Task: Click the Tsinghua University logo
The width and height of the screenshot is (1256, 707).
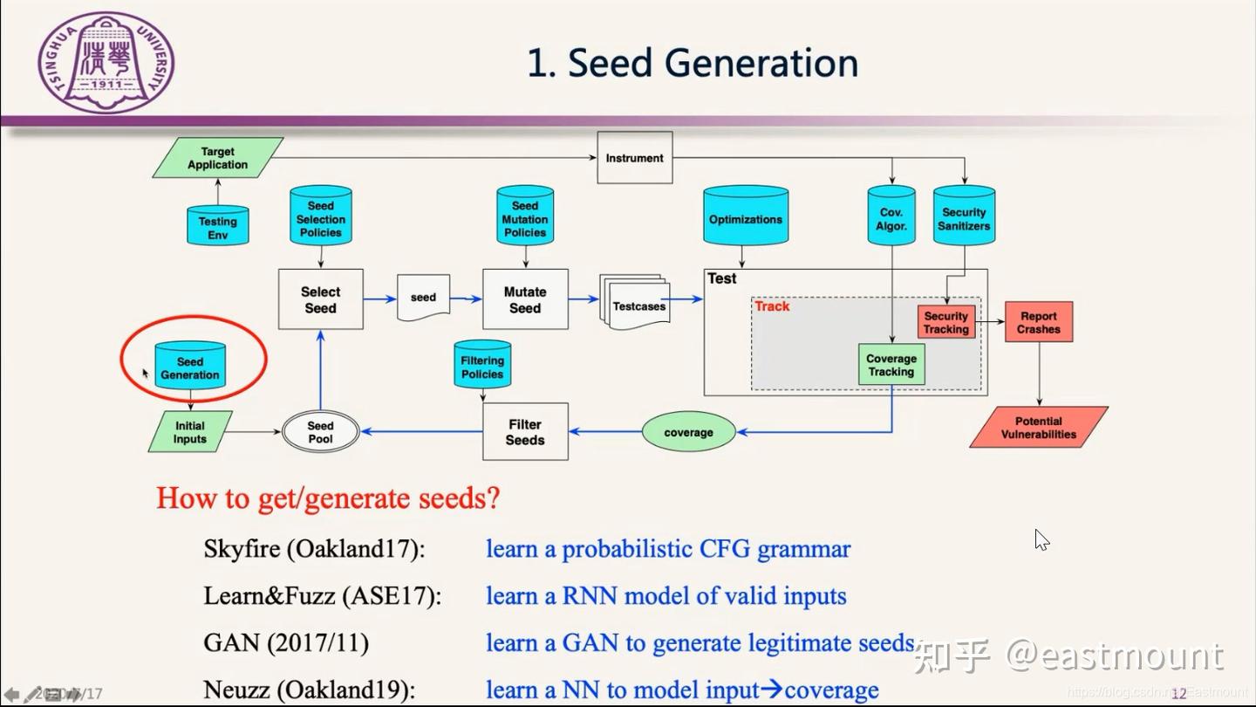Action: click(x=106, y=62)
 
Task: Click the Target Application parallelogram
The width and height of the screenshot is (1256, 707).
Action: click(x=218, y=158)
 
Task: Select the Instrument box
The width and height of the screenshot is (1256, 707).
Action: click(x=634, y=158)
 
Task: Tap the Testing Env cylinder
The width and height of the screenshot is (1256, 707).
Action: click(x=218, y=226)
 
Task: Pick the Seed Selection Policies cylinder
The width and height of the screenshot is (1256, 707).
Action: click(x=320, y=216)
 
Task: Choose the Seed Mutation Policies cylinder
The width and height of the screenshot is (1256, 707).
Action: click(x=524, y=216)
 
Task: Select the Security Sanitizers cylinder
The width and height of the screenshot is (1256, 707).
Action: click(x=964, y=216)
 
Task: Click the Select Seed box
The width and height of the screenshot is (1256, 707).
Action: click(x=320, y=299)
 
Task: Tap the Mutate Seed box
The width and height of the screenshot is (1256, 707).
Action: click(x=525, y=299)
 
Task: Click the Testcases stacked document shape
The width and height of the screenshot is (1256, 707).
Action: click(x=637, y=305)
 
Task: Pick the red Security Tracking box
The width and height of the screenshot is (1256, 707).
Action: click(x=945, y=322)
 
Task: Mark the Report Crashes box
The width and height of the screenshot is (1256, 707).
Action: click(x=1038, y=322)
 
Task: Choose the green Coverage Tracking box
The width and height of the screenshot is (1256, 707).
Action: click(x=891, y=365)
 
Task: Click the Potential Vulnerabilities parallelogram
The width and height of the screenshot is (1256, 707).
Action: click(x=1038, y=428)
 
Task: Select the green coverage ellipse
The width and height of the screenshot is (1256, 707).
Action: click(x=688, y=432)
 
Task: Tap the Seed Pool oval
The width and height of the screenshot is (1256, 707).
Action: click(x=320, y=432)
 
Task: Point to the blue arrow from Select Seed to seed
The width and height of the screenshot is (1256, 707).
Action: click(x=379, y=299)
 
